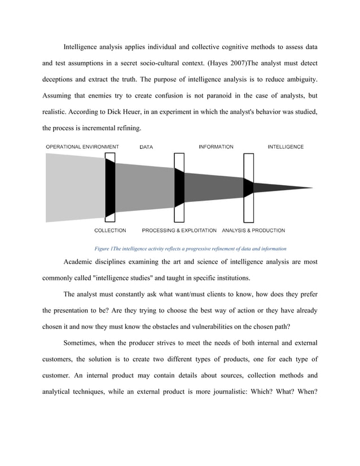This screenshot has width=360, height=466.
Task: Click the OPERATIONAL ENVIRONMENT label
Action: pos(82,147)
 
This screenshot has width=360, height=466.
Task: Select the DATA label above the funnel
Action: pos(146,147)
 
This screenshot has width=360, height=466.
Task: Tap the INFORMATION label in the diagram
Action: pos(216,147)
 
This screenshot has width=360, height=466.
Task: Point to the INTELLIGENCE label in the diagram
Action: pos(285,147)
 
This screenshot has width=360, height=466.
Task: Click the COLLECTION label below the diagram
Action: pos(110,230)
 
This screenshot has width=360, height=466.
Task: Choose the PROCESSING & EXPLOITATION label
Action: pos(179,230)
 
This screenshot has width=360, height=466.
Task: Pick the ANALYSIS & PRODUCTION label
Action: pos(253,230)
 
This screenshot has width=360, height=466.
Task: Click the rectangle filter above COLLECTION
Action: pos(110,187)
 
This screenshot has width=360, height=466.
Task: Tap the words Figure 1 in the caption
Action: pos(103,248)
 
